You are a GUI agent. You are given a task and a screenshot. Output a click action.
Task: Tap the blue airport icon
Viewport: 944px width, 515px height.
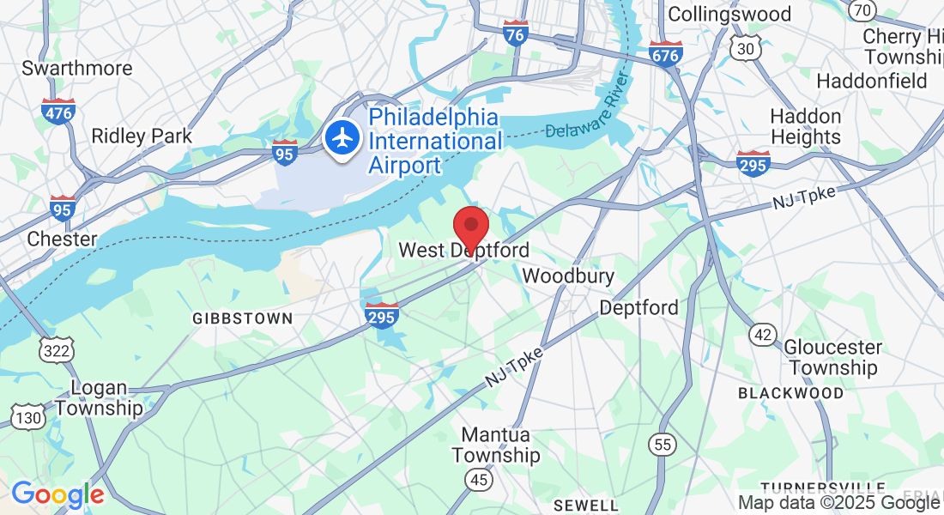coord(343,137)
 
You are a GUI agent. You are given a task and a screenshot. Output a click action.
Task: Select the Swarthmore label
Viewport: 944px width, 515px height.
coord(77,68)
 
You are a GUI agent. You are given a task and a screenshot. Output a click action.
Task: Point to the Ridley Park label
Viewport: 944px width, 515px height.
coord(142,136)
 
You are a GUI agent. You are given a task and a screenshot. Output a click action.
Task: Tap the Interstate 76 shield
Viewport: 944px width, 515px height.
coord(515,34)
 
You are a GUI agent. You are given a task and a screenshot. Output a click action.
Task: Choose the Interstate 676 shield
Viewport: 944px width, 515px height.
coord(666,54)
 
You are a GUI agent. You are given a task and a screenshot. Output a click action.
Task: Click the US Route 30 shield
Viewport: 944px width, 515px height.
coord(746,50)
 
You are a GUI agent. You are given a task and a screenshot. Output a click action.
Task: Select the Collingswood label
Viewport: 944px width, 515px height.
coord(729,15)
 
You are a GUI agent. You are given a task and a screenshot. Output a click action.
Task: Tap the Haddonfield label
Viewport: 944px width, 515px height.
coord(872,82)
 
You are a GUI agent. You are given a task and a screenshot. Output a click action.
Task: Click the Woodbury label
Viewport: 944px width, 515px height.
coord(568,276)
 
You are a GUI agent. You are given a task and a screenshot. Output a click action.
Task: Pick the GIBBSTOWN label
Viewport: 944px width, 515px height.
coord(243,318)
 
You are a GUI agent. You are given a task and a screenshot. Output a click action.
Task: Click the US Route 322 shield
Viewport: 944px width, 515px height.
coord(57,348)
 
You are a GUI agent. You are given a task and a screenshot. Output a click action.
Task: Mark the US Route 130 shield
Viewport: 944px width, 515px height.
coord(27,417)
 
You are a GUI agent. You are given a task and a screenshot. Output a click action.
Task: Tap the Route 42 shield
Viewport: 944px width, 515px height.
coord(763,334)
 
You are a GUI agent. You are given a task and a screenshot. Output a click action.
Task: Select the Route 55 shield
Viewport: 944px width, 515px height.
coord(663,444)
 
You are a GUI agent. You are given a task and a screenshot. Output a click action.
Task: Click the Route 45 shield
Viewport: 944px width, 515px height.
coord(479,478)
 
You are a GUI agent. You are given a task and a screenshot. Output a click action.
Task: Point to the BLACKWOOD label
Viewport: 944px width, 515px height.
coord(791,393)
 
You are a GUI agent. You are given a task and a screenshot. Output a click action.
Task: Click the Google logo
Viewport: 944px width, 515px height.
coord(57,494)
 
